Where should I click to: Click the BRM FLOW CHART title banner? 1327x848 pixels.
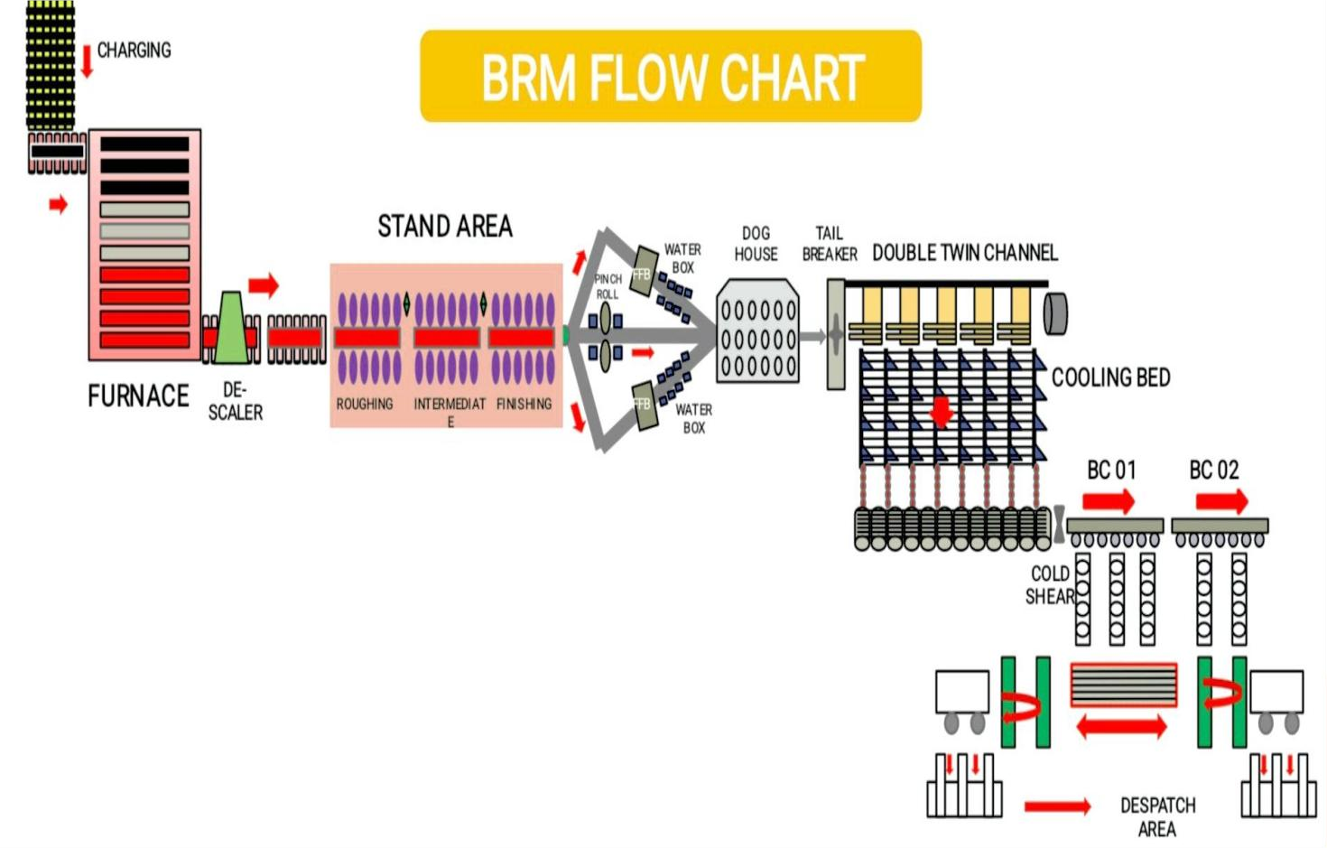671,77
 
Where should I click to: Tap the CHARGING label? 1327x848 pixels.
134,51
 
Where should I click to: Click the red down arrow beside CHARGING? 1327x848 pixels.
87,61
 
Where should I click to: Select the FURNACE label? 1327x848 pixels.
138,396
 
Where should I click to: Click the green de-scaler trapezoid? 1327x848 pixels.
232,328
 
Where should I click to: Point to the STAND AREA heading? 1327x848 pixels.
444,226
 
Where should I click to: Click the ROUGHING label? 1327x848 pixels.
365,404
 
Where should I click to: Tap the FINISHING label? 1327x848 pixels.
524,404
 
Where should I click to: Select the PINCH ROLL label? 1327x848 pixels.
608,286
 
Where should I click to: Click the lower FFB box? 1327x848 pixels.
644,405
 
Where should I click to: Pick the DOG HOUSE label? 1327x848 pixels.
756,244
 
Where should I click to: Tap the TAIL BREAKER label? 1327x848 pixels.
829,244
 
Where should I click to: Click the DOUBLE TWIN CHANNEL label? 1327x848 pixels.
964,253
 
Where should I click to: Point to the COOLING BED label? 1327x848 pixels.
1110,377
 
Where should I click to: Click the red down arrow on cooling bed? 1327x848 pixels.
942,411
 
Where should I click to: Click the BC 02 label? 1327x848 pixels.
1213,471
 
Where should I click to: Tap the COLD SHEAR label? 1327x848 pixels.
1050,585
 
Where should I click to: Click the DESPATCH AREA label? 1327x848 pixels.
1157,816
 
